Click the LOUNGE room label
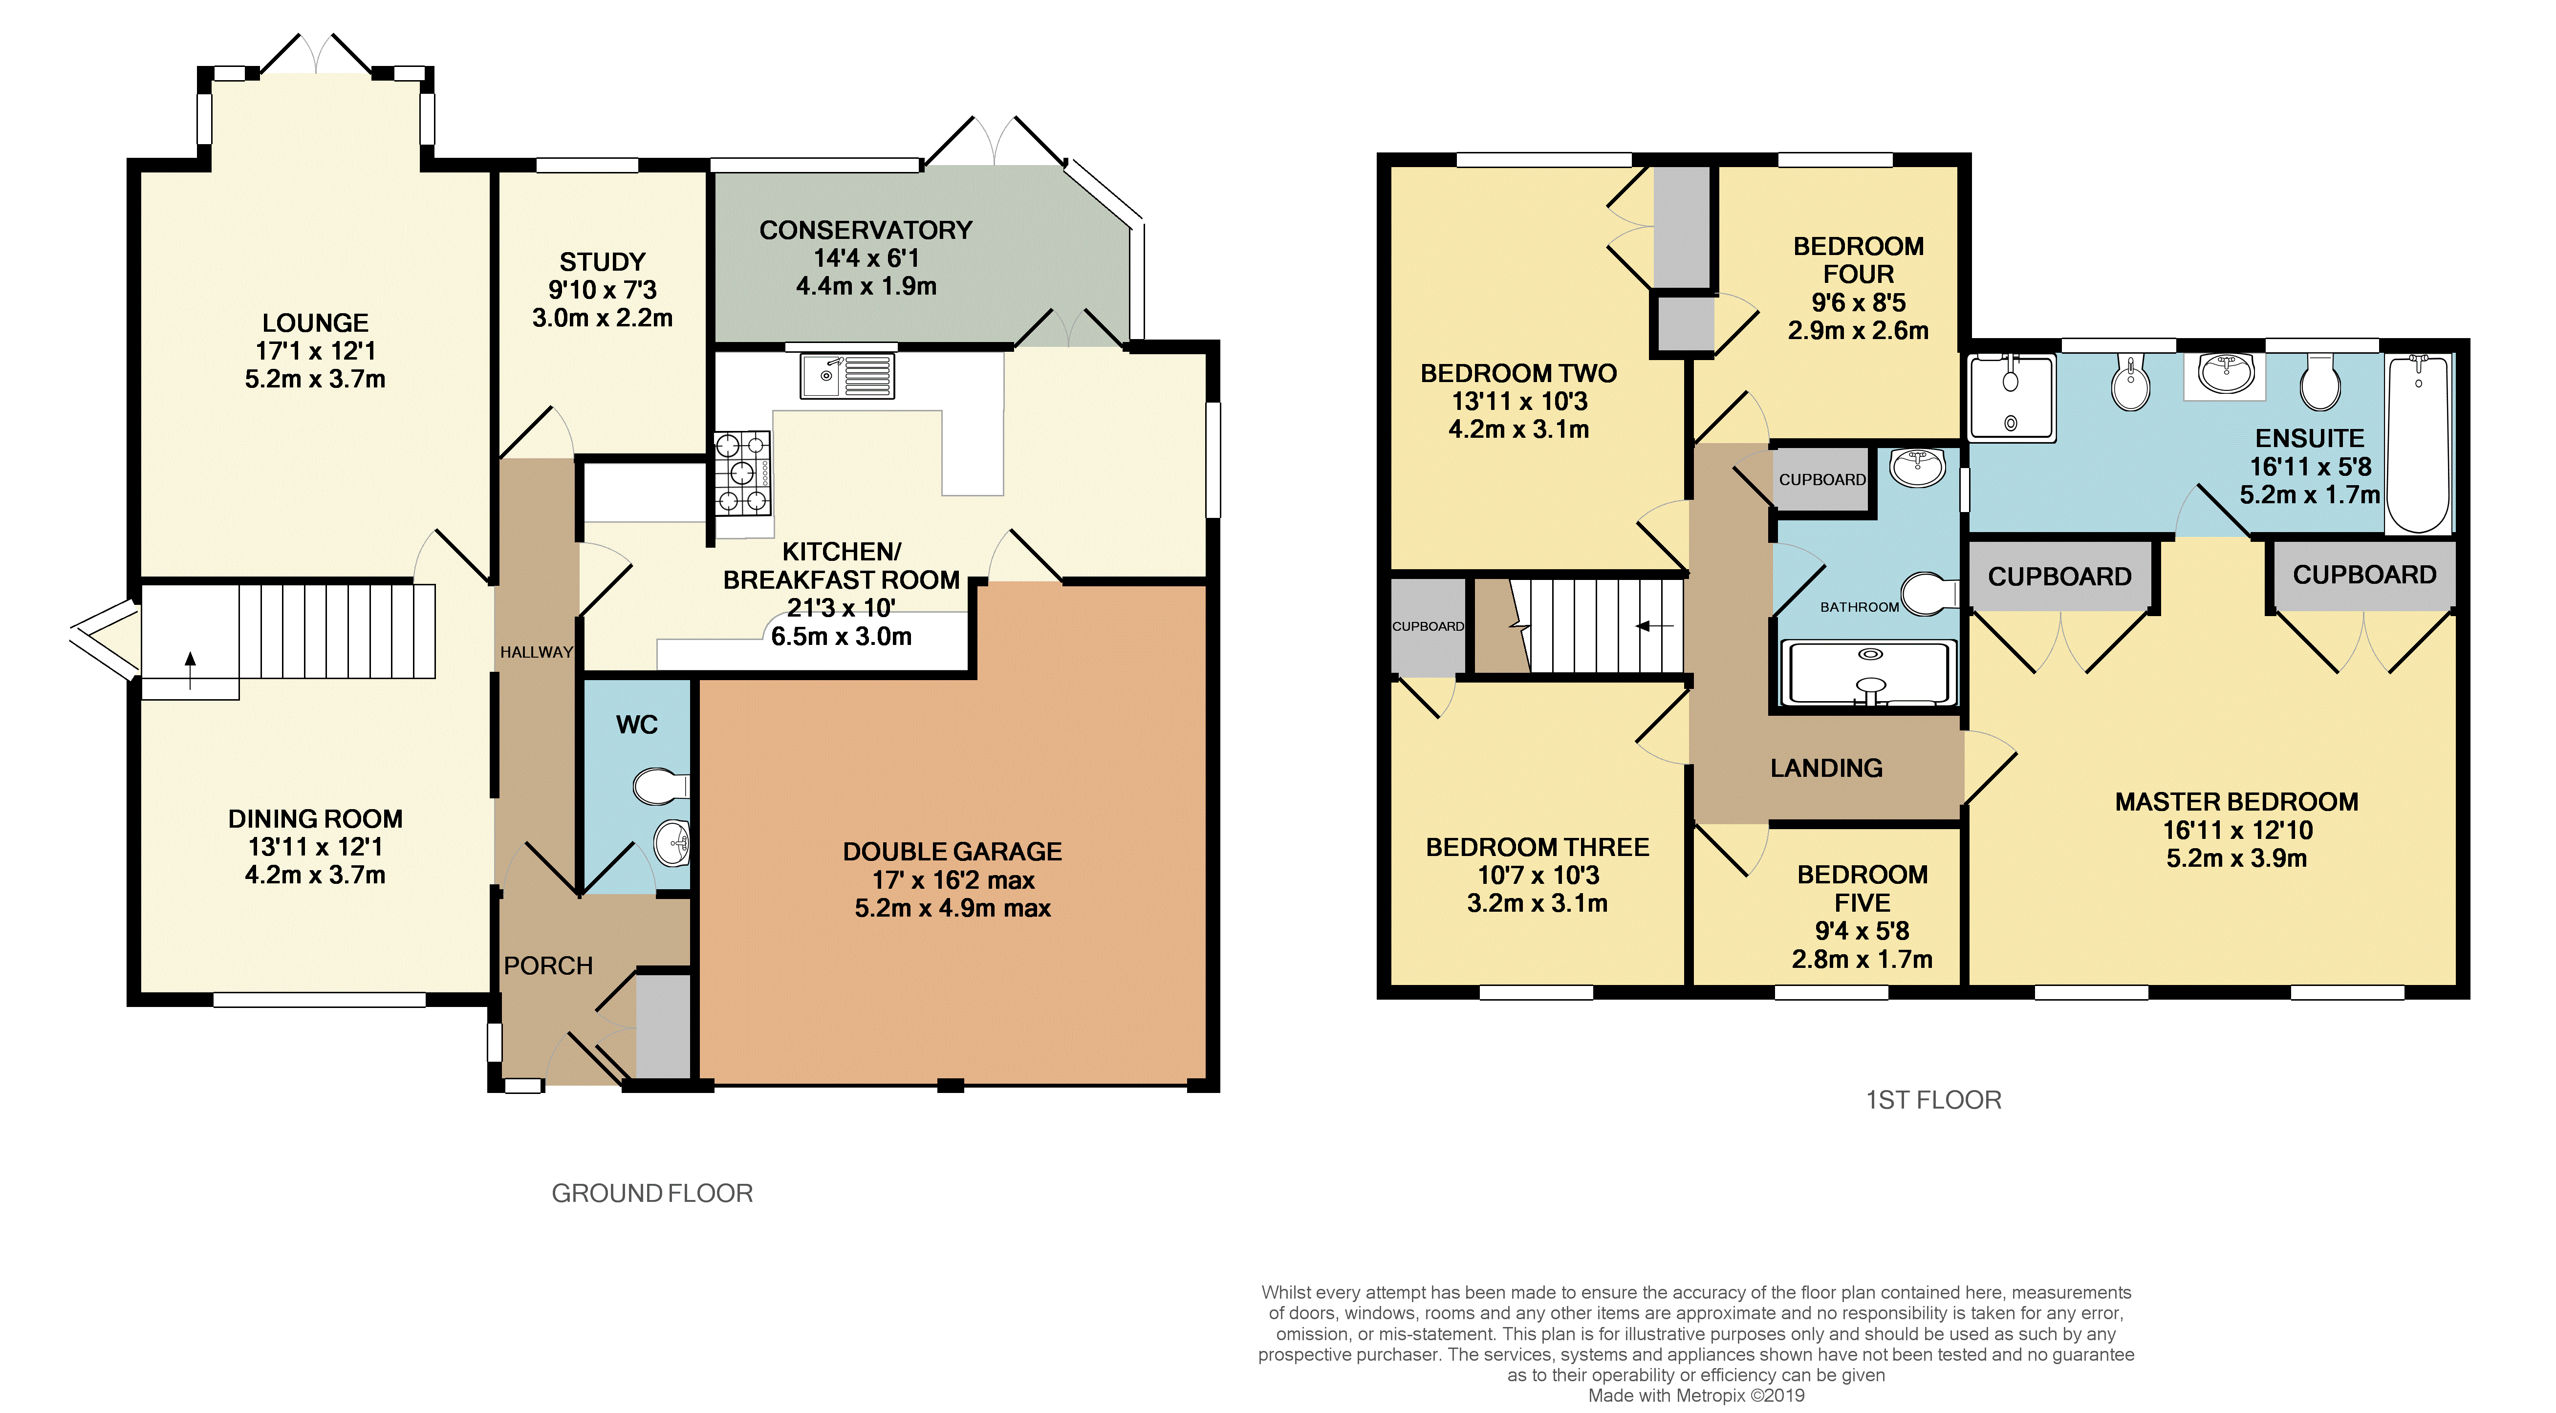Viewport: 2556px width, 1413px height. pyautogui.click(x=316, y=323)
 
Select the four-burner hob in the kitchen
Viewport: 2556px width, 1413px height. pyautogui.click(x=742, y=474)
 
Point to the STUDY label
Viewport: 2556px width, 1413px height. pyautogui.click(x=602, y=262)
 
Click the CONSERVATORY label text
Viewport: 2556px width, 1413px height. pyautogui.click(x=866, y=230)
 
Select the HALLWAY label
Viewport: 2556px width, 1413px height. pyautogui.click(x=537, y=652)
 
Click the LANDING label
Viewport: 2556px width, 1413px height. pyautogui.click(x=1827, y=768)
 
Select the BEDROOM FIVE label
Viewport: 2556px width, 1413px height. pyautogui.click(x=1863, y=889)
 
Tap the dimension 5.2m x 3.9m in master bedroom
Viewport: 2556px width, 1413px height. pyautogui.click(x=2236, y=858)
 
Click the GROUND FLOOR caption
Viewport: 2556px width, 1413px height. pyautogui.click(x=652, y=1193)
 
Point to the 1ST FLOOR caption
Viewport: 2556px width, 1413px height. pyautogui.click(x=1934, y=1099)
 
